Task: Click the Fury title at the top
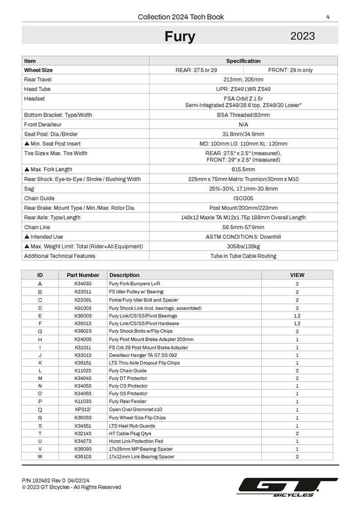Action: coord(180,36)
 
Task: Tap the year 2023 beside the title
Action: coord(302,36)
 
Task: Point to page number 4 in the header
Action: coord(327,17)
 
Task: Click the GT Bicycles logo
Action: coord(288,487)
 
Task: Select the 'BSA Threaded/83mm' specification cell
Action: coord(243,115)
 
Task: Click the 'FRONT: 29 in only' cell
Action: coord(290,70)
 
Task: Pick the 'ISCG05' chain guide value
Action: coord(243,198)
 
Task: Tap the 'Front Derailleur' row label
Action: coord(43,124)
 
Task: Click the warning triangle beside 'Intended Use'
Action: coord(27,237)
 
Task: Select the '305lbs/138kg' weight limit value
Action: coord(243,247)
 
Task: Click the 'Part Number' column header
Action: coord(83,275)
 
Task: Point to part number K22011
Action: coord(83,292)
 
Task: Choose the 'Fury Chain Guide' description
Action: coord(128,371)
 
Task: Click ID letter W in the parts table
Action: coord(40,457)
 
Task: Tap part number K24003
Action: coord(83,339)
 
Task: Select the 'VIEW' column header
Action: coord(297,275)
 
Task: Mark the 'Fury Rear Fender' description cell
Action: coord(128,401)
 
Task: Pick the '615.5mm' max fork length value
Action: coord(243,170)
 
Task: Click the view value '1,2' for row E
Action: coord(297,316)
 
